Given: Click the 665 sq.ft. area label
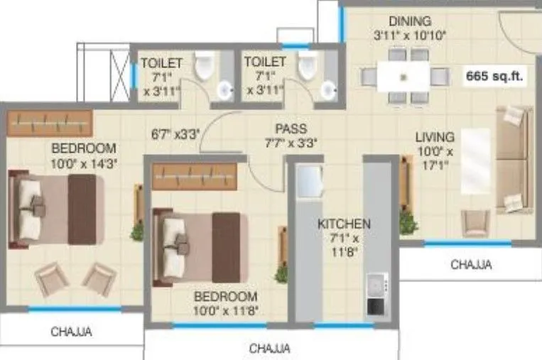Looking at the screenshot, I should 495,76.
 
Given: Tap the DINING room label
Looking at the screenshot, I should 410,21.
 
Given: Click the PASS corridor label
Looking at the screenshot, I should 291,129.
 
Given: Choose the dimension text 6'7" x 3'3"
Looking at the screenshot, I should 175,132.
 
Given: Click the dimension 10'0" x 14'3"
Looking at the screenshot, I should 84,162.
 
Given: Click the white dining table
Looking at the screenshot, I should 403,76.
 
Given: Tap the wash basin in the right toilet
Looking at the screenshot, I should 328,90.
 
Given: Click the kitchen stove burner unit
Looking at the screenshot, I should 375,297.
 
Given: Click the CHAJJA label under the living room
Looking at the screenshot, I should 471,266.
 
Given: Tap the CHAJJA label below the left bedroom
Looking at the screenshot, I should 71,331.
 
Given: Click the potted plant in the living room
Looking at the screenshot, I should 408,222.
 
